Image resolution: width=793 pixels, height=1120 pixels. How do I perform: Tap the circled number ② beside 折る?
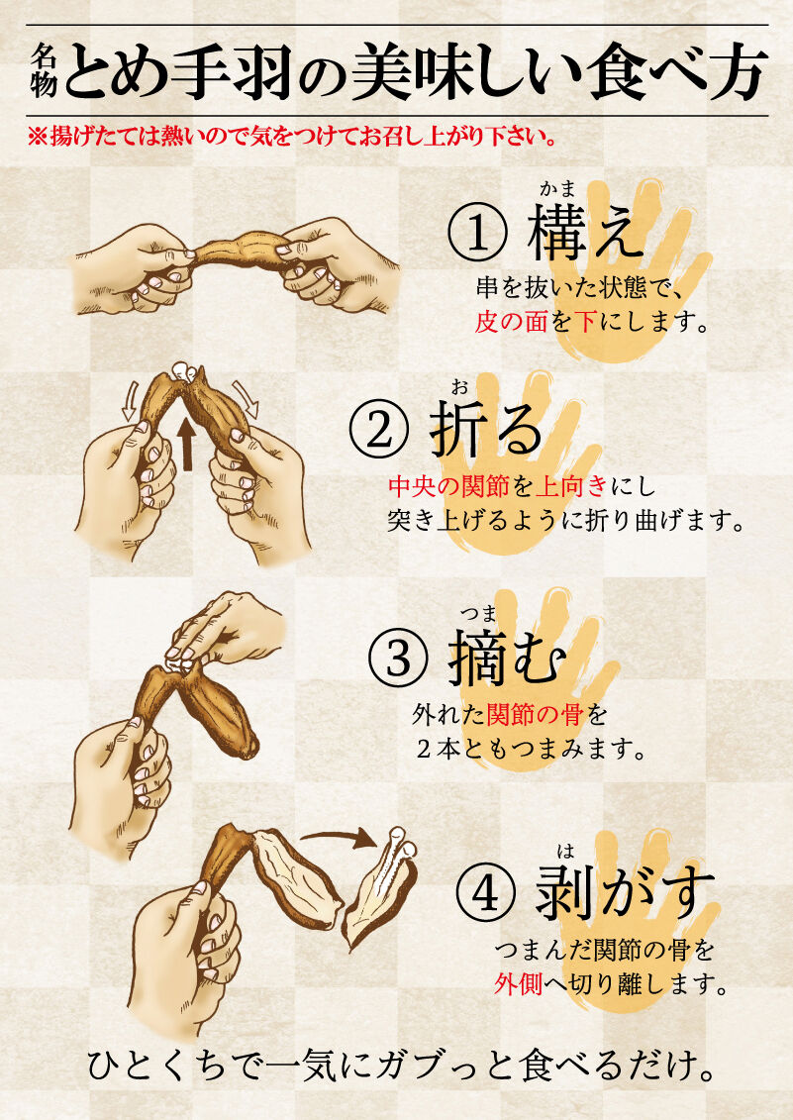point(379,432)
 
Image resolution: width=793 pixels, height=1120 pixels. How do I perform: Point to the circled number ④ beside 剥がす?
point(485,892)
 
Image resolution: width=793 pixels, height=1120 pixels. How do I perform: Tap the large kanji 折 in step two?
point(460,430)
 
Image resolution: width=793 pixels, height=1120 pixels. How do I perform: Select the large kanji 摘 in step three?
point(478,658)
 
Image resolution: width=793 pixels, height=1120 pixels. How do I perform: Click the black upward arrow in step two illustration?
point(187,445)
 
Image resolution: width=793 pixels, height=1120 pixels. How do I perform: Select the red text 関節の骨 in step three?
point(535,714)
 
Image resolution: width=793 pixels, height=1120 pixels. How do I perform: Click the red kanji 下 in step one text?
point(585,322)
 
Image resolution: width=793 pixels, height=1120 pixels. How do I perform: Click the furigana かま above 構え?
point(558,188)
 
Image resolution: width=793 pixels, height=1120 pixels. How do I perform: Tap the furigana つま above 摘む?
point(478,613)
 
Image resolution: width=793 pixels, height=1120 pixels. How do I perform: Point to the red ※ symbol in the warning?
point(38,136)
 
